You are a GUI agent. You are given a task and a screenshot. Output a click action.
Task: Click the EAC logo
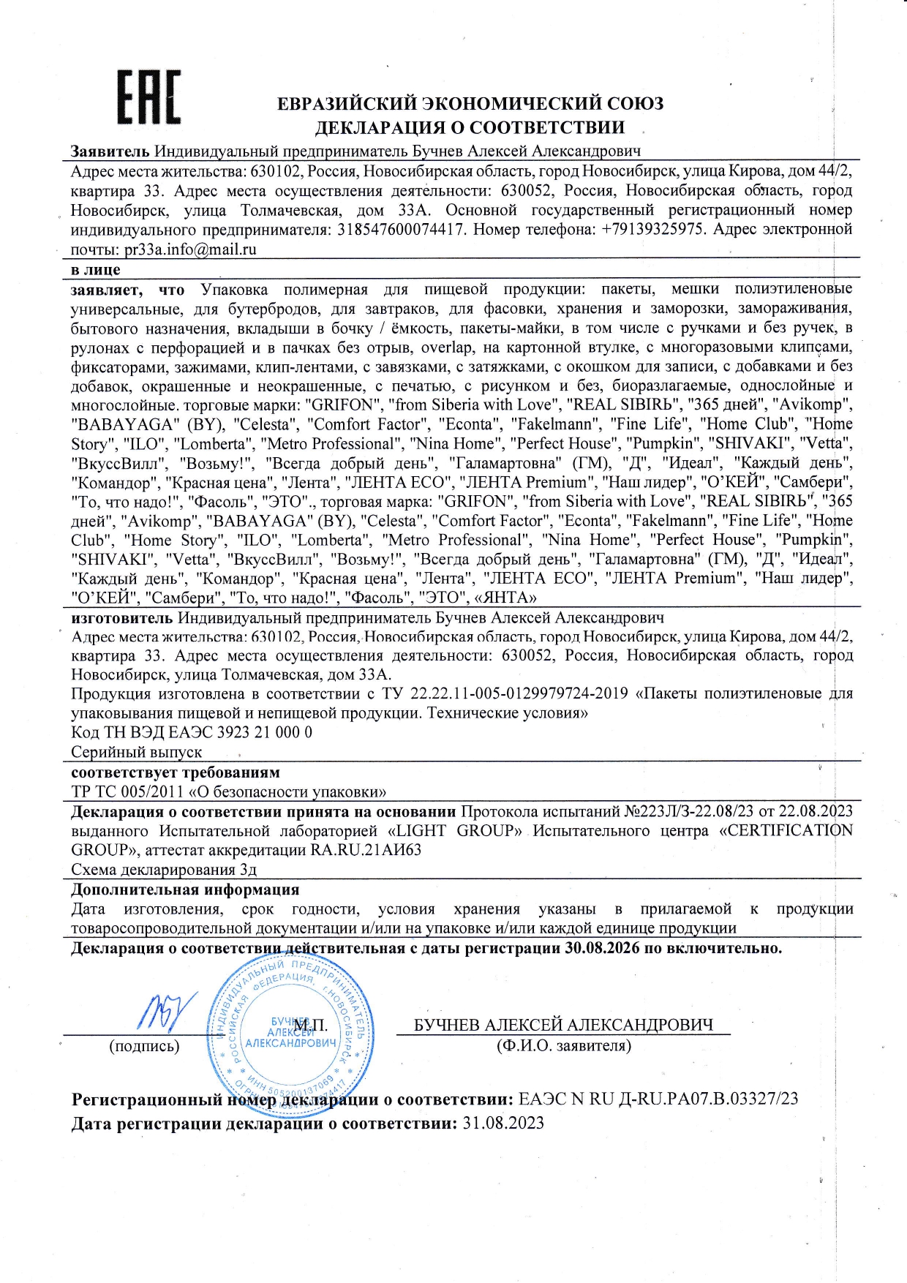point(149,97)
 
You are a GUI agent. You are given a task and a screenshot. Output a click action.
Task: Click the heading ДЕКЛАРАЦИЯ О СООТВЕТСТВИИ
point(470,127)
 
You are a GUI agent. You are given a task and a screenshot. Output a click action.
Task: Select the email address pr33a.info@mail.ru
point(190,249)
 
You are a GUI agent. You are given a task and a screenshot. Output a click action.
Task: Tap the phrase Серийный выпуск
point(136,752)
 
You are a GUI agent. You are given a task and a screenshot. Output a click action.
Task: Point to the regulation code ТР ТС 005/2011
point(127,791)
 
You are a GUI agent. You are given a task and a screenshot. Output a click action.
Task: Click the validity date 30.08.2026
point(602,948)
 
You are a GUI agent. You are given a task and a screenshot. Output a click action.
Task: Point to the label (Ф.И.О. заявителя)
point(563,1046)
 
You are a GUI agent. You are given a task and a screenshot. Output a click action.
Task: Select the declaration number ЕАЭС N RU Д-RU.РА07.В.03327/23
point(658,1099)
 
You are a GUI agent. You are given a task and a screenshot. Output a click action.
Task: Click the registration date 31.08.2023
point(503,1123)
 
